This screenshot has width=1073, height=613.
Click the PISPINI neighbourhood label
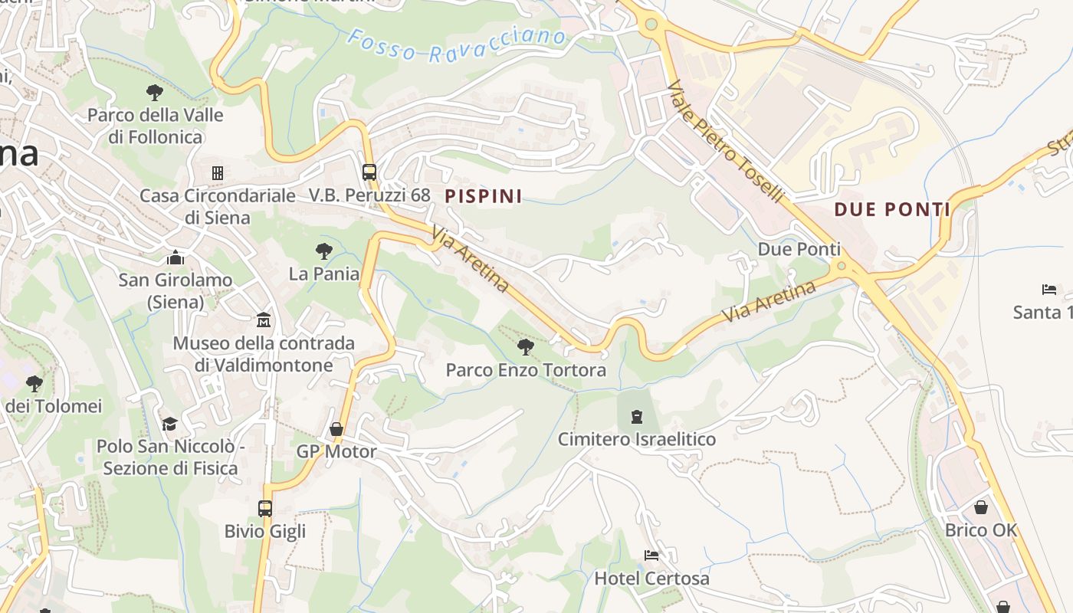point(484,196)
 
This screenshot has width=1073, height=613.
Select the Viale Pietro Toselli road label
point(726,143)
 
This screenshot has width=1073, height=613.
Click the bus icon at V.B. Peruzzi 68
point(369,172)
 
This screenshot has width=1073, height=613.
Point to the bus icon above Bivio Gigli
point(265,508)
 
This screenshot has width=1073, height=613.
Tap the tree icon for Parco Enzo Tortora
point(526,347)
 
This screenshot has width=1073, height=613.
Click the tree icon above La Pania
point(324,251)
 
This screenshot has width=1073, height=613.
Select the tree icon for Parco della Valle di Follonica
point(155,93)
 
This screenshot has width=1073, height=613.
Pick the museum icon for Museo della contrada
point(264,320)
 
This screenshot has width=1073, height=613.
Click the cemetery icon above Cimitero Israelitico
point(636,417)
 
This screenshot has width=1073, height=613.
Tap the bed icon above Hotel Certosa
point(651,556)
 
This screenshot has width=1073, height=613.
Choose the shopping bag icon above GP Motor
point(336,429)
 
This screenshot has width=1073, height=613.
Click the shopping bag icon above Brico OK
point(981,507)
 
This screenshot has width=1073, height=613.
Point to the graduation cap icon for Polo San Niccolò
point(169,424)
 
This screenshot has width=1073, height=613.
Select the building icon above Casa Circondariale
point(218,173)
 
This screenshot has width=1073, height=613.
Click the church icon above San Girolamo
point(176,257)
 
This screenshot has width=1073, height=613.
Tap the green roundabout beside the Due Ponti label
point(842,267)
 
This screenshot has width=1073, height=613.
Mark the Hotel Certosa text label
point(651,579)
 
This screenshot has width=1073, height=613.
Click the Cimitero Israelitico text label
point(636,439)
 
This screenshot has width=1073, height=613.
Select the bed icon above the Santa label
point(1049,290)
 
